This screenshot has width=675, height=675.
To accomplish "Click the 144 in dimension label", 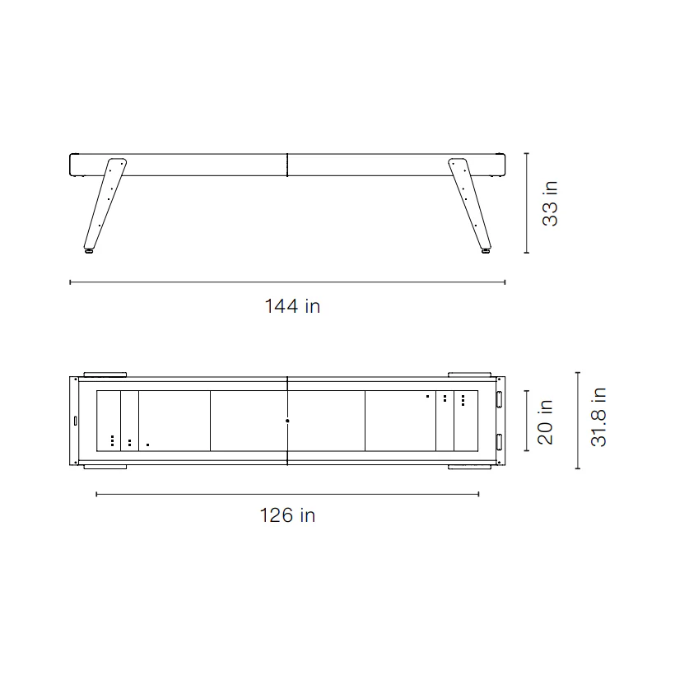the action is pyautogui.click(x=292, y=306).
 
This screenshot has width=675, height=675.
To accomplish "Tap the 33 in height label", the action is pyautogui.click(x=550, y=203).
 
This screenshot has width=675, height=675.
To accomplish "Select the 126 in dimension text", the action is pyautogui.click(x=287, y=514).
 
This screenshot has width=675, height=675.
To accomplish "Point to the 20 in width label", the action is pyautogui.click(x=545, y=421).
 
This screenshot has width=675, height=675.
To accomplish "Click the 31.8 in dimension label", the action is pyautogui.click(x=598, y=417).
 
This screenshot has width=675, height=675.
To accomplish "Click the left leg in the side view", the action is pyautogui.click(x=105, y=203).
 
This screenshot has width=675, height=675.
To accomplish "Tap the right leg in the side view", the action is pyautogui.click(x=470, y=203).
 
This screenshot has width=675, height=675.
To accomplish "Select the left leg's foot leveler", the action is pyautogui.click(x=90, y=250).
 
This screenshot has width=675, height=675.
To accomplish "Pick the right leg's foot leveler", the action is pyautogui.click(x=486, y=250).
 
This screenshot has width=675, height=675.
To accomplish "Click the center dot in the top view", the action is pyautogui.click(x=287, y=421).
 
